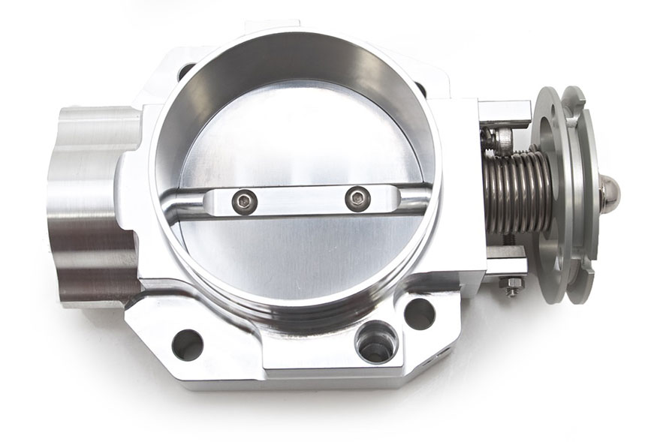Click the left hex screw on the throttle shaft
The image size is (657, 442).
pyautogui.click(x=245, y=200)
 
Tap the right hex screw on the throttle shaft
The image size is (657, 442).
pyautogui.click(x=359, y=199)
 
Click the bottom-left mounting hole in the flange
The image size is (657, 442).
pyautogui.click(x=187, y=344)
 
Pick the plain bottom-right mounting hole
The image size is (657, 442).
pyautogui.click(x=420, y=313)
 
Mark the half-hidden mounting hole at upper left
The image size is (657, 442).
pyautogui.click(x=185, y=73)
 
